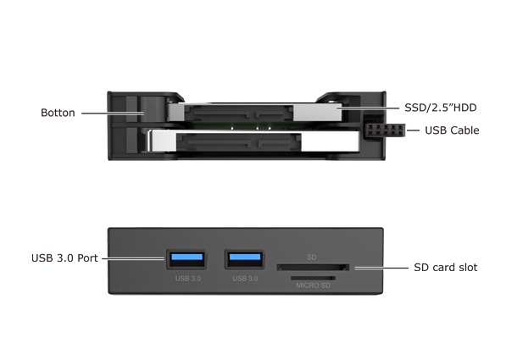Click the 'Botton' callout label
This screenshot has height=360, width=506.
click(58, 113)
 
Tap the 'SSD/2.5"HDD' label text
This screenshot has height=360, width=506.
click(441, 108)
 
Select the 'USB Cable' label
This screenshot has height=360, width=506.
click(452, 130)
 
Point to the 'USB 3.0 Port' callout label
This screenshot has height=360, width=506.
click(64, 258)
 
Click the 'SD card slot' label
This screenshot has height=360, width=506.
click(445, 268)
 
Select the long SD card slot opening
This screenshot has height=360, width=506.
click(313, 267)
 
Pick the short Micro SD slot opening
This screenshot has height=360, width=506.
click(313, 278)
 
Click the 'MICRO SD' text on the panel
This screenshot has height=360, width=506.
click(314, 285)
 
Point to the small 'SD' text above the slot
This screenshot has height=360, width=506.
click(312, 258)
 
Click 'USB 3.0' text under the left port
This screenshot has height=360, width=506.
click(188, 279)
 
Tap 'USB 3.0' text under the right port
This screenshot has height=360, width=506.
click(245, 279)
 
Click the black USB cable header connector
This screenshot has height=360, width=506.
click(385, 130)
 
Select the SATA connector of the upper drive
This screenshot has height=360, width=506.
click(239, 114)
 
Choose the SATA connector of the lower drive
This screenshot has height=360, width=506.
click(239, 142)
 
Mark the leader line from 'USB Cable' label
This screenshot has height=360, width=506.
click(413, 130)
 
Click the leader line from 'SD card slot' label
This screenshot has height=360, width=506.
click(381, 268)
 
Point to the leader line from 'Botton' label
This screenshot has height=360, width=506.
click(113, 114)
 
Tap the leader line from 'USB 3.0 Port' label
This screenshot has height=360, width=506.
click(133, 258)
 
